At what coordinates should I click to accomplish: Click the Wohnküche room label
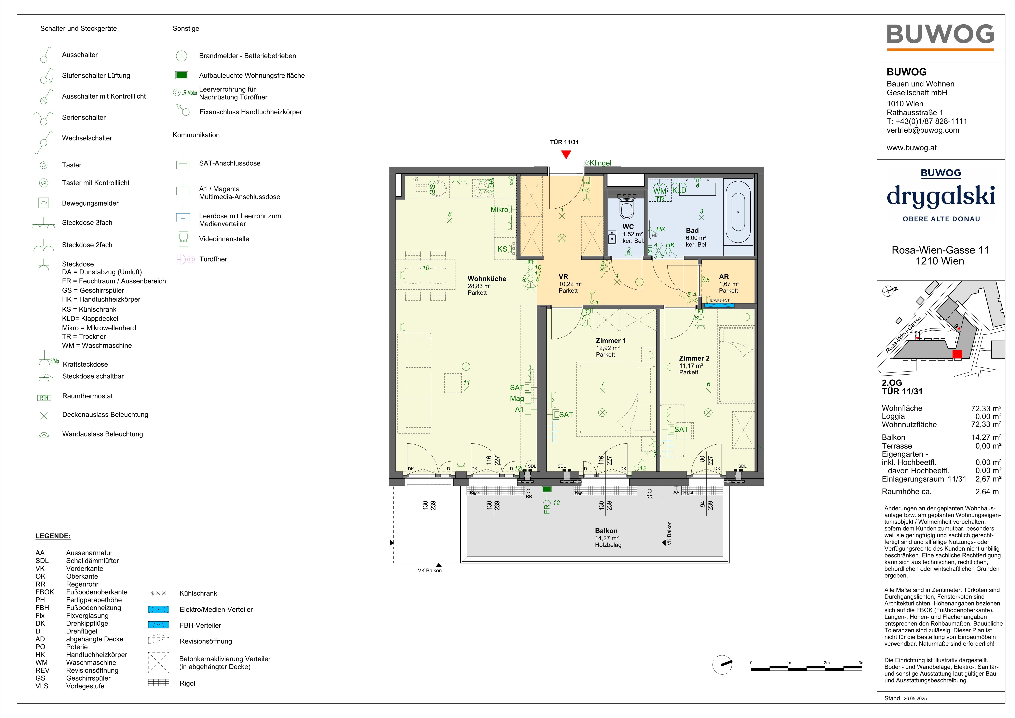tap(487, 279)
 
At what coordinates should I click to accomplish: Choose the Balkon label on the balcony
tap(606, 531)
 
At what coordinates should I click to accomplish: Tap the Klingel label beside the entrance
tap(600, 163)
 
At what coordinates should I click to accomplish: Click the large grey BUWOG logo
tap(940, 35)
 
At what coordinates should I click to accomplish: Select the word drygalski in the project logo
tap(941, 196)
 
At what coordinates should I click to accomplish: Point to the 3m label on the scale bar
tap(861, 663)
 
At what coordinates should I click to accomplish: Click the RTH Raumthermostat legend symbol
tap(44, 398)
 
